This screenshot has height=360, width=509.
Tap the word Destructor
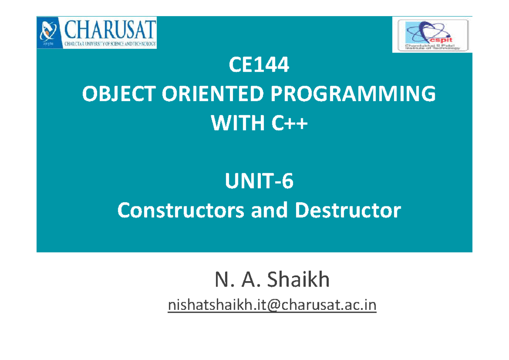pyautogui.click(x=348, y=211)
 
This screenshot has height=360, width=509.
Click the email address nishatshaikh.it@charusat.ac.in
pyautogui.click(x=272, y=305)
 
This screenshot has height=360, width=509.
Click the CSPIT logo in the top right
pyautogui.click(x=432, y=35)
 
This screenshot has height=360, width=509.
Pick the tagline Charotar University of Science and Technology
pyautogui.click(x=111, y=43)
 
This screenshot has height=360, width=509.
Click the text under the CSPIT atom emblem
pyautogui.click(x=432, y=47)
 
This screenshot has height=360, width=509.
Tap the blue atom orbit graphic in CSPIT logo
pyautogui.click(x=420, y=31)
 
